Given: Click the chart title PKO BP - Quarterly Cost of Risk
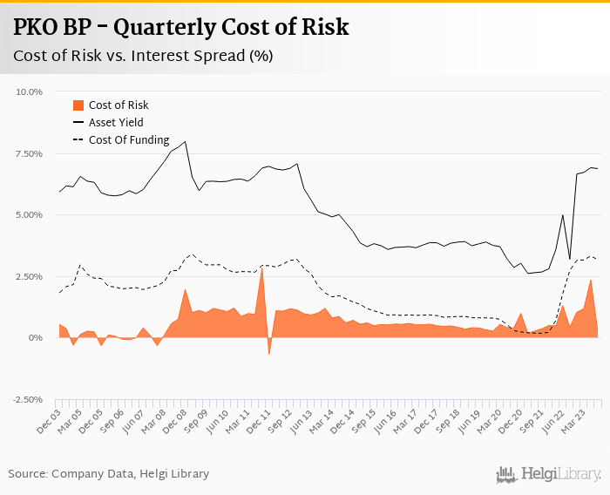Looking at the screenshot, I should (181, 27).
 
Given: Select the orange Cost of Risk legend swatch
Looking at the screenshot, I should (77, 105).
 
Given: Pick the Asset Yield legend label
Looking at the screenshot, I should (116, 122).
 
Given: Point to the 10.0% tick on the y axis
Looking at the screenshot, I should (29, 92).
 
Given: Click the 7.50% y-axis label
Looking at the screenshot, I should (29, 153).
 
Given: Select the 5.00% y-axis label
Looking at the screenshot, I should (29, 214).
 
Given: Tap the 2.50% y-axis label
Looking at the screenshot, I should (29, 276).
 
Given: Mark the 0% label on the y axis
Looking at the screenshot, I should (36, 338).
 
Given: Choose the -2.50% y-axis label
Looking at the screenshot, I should (27, 399).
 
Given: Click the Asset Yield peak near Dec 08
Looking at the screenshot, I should (185, 141).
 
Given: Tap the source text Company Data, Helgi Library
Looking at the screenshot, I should (109, 474).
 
